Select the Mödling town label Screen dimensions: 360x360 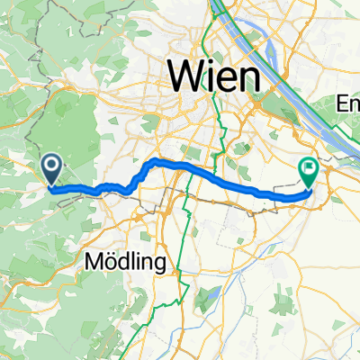coord(127,263)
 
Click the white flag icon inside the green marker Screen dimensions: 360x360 coord(310,166)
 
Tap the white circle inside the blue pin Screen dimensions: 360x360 coord(51,164)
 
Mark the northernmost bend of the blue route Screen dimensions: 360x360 coord(155,160)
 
